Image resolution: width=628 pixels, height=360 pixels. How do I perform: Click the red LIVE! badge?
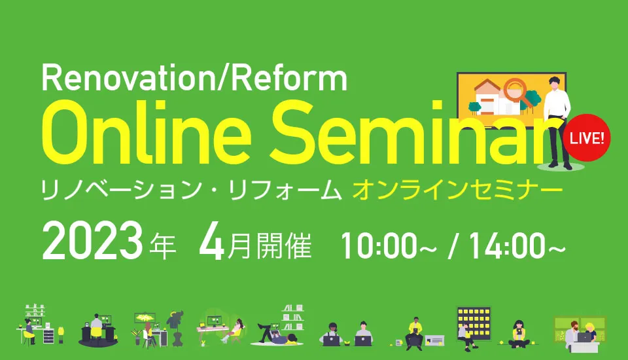click(x=587, y=137)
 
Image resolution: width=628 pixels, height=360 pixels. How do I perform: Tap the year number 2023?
click(x=92, y=243)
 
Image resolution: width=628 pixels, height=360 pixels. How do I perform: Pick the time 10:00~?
click(x=389, y=245)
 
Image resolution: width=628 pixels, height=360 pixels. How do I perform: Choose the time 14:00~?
click(x=517, y=245)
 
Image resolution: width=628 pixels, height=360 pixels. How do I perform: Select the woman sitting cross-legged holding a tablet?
click(x=519, y=334)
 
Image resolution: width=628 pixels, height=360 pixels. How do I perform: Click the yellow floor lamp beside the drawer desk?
click(x=61, y=334)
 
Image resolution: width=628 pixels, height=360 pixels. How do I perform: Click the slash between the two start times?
click(x=453, y=245)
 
